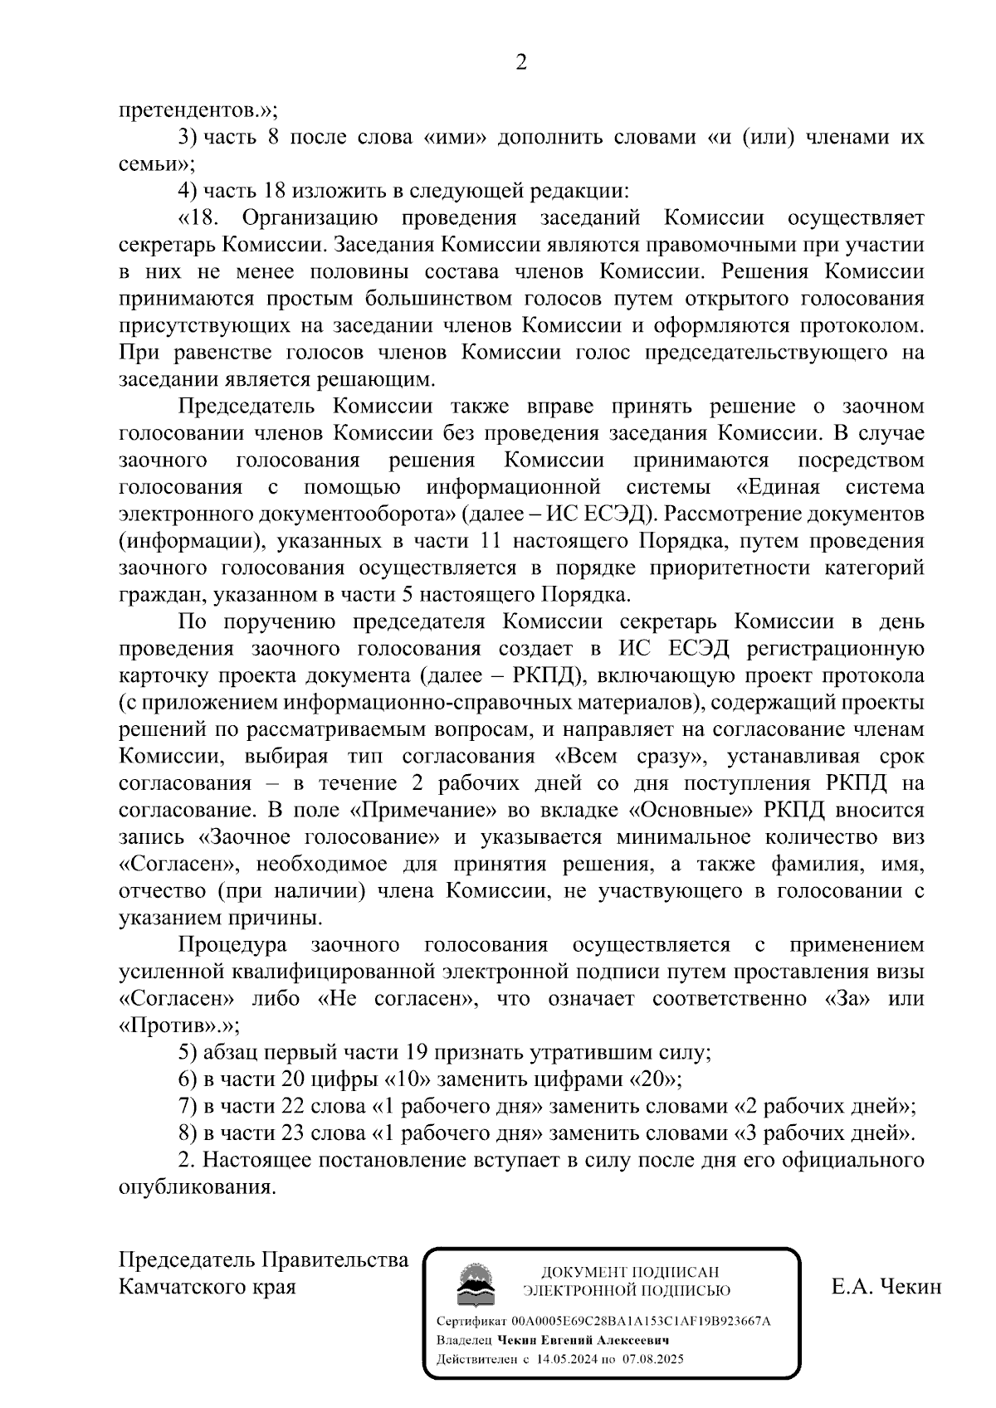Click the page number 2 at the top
point(521,63)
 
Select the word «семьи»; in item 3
point(157,164)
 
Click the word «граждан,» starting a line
point(163,595)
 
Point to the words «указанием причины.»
point(221,918)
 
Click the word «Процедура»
point(232,945)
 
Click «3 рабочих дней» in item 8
point(823,1134)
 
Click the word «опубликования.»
point(197,1188)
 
